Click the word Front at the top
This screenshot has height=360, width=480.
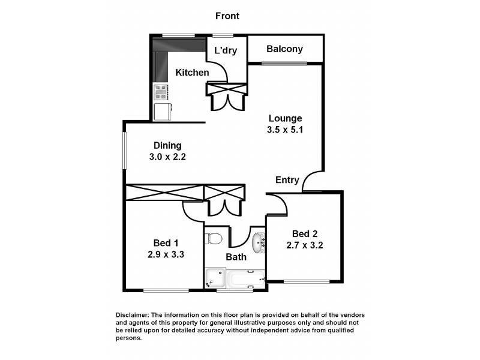(x=227, y=16)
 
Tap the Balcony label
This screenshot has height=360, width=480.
(x=285, y=49)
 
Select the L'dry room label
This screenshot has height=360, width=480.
(x=226, y=51)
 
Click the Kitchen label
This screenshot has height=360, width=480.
(x=192, y=73)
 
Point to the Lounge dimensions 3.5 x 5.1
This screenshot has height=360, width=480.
(x=285, y=130)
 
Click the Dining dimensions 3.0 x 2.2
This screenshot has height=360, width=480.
(x=167, y=157)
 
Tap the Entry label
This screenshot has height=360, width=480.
(x=287, y=180)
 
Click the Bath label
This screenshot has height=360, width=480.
(x=236, y=257)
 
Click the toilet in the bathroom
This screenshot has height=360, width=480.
(x=214, y=239)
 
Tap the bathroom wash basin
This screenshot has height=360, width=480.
(x=258, y=242)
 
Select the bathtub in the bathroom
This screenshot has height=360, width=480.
(x=245, y=278)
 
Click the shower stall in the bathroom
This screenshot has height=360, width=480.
(x=214, y=278)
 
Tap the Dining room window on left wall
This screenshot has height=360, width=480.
(x=125, y=151)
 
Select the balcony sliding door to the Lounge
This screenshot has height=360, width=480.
(x=284, y=63)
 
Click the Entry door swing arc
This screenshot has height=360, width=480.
(x=312, y=181)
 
